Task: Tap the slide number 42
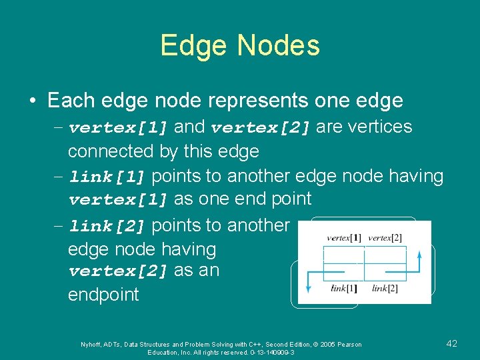click(x=451, y=343)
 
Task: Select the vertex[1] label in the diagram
click(x=344, y=238)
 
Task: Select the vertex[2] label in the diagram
click(x=385, y=238)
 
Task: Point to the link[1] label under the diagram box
click(x=345, y=288)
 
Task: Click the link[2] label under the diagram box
click(x=385, y=288)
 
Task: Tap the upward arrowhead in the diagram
click(x=419, y=253)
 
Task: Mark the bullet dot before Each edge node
click(x=32, y=101)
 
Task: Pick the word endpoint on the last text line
click(x=103, y=295)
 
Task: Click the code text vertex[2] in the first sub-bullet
click(x=261, y=127)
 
